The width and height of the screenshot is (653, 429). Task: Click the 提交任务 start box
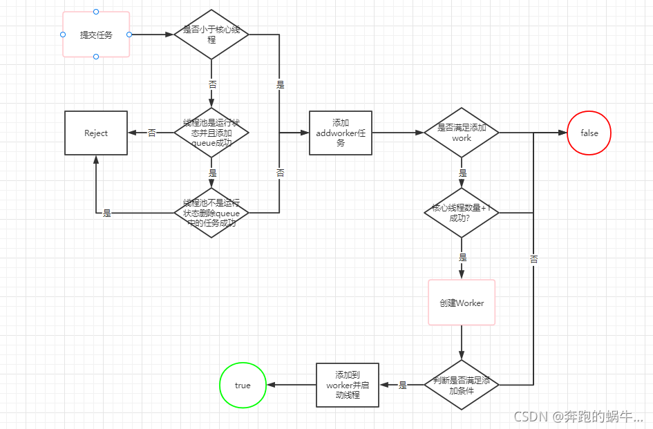(x=96, y=35)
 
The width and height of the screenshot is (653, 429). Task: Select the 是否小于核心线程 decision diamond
(x=211, y=35)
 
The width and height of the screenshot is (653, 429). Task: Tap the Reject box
(x=96, y=133)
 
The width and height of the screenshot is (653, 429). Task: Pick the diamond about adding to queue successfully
(x=211, y=133)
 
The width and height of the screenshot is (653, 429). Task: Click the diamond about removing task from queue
(x=211, y=213)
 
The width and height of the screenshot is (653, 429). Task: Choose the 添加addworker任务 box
(x=340, y=133)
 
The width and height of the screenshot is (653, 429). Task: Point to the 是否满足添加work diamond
(x=462, y=133)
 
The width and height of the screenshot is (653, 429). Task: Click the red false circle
(x=589, y=133)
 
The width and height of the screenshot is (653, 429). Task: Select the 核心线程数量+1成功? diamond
(x=462, y=213)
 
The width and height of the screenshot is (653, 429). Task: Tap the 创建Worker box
(x=462, y=303)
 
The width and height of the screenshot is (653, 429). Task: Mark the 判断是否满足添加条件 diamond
(x=462, y=385)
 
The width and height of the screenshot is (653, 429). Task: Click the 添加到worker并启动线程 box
(x=348, y=385)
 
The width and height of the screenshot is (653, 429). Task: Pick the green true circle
(x=243, y=385)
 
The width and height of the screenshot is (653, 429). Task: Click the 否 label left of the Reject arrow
(x=152, y=133)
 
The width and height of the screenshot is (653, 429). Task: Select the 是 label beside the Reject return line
(x=107, y=213)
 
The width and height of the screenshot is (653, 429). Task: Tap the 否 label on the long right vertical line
(x=533, y=260)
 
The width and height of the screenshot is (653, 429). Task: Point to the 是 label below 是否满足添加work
(x=462, y=173)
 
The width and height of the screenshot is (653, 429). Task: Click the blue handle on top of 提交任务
(x=96, y=12)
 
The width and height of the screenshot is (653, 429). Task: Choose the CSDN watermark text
(x=578, y=417)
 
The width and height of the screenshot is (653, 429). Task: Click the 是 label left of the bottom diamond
(x=403, y=385)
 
